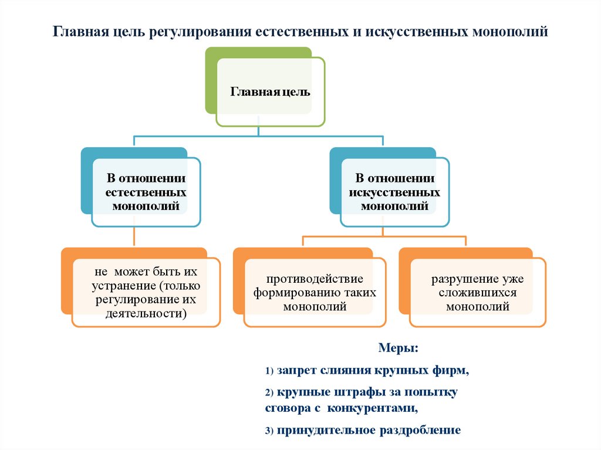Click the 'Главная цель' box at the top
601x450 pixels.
269,92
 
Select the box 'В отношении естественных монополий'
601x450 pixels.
146,192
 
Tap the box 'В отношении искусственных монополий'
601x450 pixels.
394,192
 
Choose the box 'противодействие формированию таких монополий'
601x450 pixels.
315,292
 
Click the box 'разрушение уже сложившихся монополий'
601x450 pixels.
477,293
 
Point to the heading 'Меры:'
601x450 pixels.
398,349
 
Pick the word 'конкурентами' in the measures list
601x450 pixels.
372,407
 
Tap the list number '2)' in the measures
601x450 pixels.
269,392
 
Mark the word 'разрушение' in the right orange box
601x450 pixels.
461,279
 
